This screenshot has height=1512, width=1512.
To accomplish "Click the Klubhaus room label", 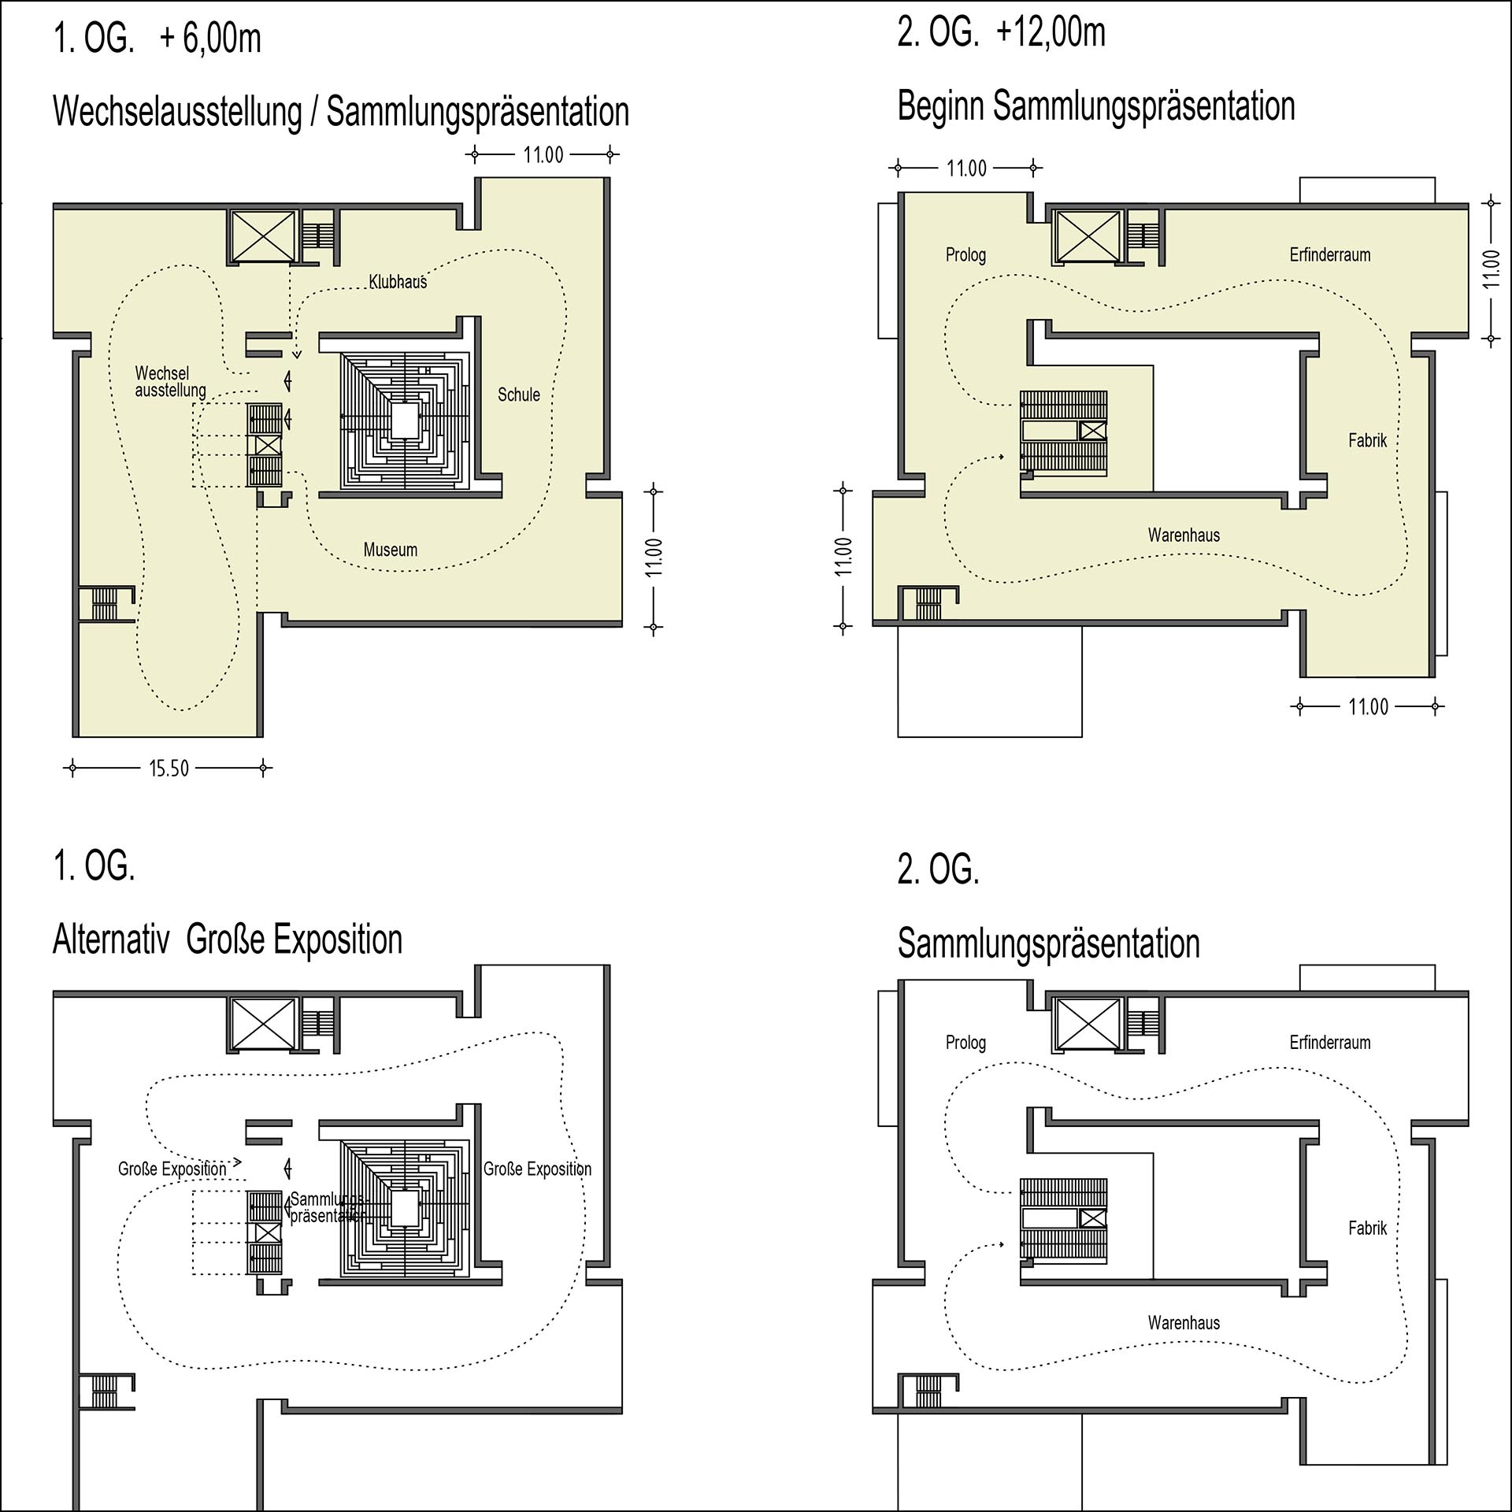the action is click(398, 282).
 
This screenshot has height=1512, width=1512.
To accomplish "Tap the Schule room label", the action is click(519, 395).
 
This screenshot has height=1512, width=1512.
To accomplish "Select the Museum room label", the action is click(391, 550).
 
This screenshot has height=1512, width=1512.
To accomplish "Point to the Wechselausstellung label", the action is click(170, 381).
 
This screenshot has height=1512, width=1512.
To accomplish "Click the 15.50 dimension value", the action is click(169, 769).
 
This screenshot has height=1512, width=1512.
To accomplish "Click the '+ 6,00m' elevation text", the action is click(210, 39).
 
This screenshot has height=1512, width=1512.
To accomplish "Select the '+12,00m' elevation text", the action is click(1051, 33).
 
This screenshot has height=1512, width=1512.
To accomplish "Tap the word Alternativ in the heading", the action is click(111, 939).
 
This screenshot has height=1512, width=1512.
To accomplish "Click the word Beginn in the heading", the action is click(941, 106).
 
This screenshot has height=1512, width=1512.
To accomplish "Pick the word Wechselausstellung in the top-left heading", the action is click(177, 111).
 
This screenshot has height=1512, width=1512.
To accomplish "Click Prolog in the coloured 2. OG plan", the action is click(965, 255).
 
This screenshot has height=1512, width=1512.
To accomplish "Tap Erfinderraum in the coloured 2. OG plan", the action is click(1330, 254).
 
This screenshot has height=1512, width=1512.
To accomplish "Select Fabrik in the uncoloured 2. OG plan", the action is click(1367, 1228).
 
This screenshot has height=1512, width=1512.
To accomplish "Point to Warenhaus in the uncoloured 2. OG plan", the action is click(1184, 1322).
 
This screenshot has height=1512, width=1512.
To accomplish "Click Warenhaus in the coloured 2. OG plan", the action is click(1184, 535).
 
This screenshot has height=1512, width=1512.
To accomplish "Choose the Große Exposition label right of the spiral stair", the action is click(538, 1169).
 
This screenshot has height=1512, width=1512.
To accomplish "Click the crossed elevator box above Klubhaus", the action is click(261, 235).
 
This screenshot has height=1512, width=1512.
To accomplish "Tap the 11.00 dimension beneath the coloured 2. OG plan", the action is click(1368, 706).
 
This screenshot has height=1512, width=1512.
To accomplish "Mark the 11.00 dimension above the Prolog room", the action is click(966, 168).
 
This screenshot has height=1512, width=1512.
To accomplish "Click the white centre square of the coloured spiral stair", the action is click(405, 421).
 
